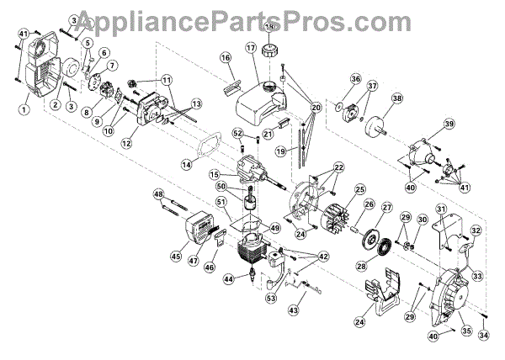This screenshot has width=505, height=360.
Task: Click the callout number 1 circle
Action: [25, 109]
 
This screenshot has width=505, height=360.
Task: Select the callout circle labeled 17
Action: [251, 49]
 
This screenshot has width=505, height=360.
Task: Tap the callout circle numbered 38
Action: [395, 97]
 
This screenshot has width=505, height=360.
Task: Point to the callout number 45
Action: [176, 257]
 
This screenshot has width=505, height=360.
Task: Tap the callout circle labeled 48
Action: [157, 194]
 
